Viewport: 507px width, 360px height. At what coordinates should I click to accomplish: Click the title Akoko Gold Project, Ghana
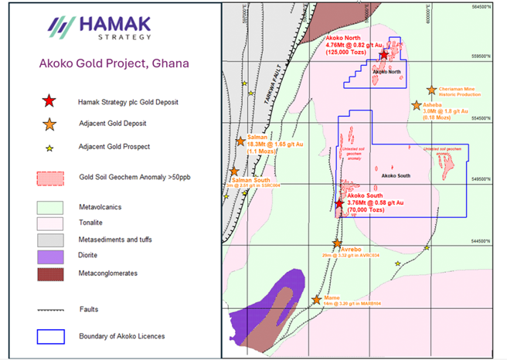111,63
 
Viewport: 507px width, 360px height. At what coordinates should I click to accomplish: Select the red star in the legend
49,100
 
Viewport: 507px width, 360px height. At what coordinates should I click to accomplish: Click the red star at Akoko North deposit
384,55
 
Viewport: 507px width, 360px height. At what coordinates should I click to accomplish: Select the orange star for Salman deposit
241,141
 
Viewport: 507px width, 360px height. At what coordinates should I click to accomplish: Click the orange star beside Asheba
417,104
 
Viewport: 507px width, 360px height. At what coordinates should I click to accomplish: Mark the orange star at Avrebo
336,243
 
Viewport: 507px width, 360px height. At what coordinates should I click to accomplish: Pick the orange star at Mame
316,299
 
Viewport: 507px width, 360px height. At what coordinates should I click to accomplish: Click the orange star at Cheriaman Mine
432,90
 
